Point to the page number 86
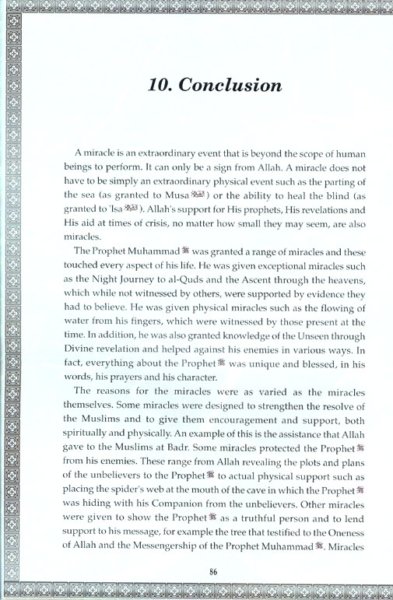point(212,572)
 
